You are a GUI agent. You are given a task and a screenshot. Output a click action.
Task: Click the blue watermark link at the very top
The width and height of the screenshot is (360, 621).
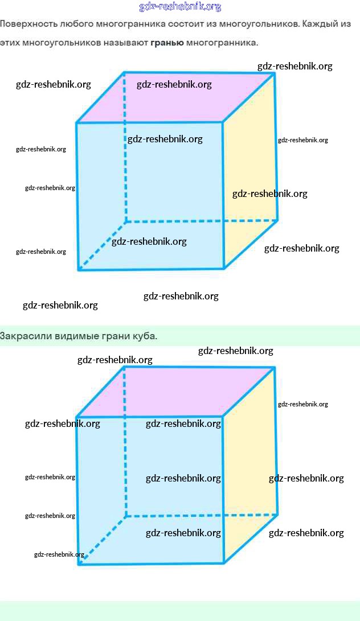coord(180,7)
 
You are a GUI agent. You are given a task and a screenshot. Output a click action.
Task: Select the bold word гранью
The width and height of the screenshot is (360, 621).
coord(167,43)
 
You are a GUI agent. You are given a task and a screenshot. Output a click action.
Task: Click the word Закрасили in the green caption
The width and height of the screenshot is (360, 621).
coord(26,336)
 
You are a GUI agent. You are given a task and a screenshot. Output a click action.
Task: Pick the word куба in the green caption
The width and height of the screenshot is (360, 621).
coord(146,336)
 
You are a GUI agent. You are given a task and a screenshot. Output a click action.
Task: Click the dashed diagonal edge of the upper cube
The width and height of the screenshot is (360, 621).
coord(101,245)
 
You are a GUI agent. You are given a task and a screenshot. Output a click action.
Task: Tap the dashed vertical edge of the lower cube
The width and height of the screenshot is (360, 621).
coord(125,455)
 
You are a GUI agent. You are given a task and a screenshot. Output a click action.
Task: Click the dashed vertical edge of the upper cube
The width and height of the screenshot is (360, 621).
coord(125,171)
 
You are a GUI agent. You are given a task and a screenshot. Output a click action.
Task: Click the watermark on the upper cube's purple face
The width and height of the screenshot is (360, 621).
coord(174,85)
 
